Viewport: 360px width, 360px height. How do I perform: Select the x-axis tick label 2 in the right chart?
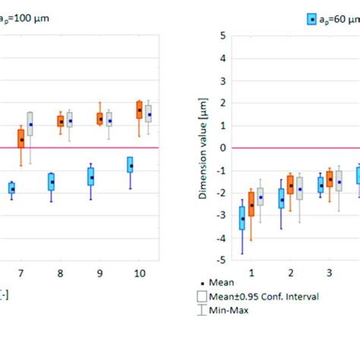[290, 272]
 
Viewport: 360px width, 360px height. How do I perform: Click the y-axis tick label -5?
[221, 261]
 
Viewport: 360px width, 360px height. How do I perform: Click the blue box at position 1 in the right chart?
[242, 217]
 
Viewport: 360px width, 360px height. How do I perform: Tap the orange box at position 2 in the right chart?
[290, 184]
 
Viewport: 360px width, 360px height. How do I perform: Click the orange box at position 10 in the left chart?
[139, 109]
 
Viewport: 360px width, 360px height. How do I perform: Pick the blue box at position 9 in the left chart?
[91, 176]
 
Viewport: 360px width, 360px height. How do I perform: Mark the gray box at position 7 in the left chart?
[30, 124]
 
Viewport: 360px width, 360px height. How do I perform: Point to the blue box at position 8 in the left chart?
[51, 182]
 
